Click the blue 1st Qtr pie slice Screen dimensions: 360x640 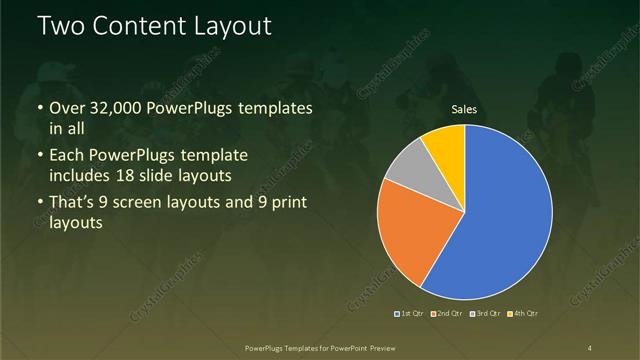(500, 215)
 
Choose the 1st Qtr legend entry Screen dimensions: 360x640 (410, 314)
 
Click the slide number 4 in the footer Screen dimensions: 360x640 (590, 347)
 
